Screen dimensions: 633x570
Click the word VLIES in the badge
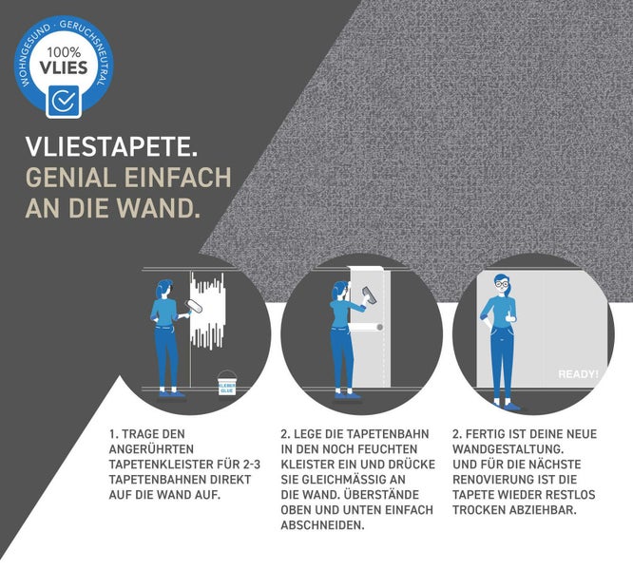click(64, 67)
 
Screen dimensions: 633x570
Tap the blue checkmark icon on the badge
click(64, 101)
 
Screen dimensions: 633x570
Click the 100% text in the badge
click(64, 52)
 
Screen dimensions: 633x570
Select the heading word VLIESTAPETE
click(111, 146)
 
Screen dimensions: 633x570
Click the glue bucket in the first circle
click(227, 383)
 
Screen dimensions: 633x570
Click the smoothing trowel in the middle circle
click(370, 296)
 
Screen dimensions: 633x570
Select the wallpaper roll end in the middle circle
click(379, 327)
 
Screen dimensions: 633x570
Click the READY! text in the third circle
click(578, 374)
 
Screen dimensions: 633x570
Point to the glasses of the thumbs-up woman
click(502, 284)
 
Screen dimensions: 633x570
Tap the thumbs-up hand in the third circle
click(510, 315)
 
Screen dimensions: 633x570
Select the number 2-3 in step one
click(252, 465)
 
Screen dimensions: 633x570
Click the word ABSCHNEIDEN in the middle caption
click(322, 525)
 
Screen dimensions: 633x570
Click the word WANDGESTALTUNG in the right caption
click(508, 449)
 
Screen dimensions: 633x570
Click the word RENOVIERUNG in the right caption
click(491, 480)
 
